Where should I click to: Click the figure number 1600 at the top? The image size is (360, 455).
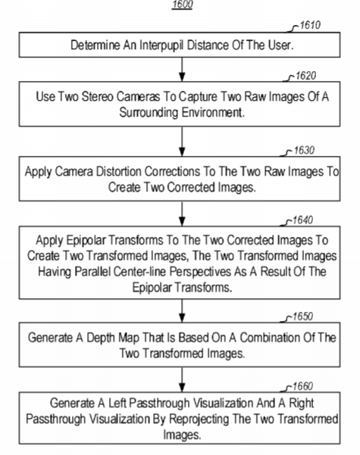coord(182,5)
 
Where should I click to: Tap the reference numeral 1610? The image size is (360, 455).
coord(310,25)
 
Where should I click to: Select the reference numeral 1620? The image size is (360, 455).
coord(305,76)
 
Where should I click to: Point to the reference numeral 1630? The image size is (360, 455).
coord(304,151)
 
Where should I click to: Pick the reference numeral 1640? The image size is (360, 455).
coord(302,220)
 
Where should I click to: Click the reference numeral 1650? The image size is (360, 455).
coord(302,316)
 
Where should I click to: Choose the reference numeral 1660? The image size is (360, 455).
coord(302,387)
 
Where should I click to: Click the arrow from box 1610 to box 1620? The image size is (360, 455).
coord(182,70)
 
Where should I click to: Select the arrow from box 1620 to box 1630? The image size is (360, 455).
coord(182,142)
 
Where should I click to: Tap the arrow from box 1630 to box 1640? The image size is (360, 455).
coord(182,213)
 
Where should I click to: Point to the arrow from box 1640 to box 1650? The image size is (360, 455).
coord(182,311)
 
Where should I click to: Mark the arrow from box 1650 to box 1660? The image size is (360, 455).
coord(182,379)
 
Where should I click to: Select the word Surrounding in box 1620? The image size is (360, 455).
coord(149,112)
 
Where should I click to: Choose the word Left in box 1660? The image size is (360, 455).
coord(117,403)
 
